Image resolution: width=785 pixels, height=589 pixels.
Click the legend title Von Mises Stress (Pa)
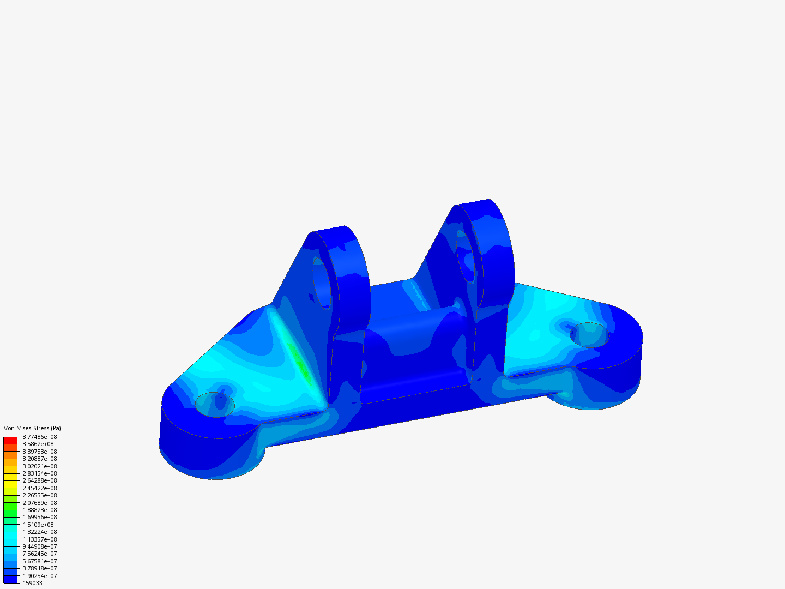pyautogui.click(x=32, y=428)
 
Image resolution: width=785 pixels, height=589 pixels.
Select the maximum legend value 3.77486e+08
pyautogui.click(x=39, y=437)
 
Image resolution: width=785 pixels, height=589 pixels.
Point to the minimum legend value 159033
pyautogui.click(x=32, y=583)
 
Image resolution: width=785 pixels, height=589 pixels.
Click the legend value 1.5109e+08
pyautogui.click(x=38, y=525)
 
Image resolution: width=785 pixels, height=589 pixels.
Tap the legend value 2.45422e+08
pyautogui.click(x=39, y=488)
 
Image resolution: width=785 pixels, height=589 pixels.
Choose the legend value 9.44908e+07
pyautogui.click(x=39, y=546)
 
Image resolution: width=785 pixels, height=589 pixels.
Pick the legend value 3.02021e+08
pyautogui.click(x=39, y=466)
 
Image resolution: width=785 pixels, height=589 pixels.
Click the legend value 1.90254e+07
pyautogui.click(x=39, y=576)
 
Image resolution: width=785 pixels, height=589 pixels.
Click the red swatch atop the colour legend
pyautogui.click(x=10, y=440)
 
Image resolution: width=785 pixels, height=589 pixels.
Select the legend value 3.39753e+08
pyautogui.click(x=39, y=452)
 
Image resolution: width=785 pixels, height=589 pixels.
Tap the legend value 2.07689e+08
pyautogui.click(x=39, y=503)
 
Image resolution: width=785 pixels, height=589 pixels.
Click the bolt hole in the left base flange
pyautogui.click(x=215, y=404)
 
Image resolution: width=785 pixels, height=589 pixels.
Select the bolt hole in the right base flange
pyautogui.click(x=589, y=335)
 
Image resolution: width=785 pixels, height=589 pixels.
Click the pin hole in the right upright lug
pyautogui.click(x=466, y=256)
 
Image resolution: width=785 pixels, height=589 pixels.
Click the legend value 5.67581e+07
pyautogui.click(x=39, y=561)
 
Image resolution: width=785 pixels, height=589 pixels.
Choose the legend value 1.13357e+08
pyautogui.click(x=39, y=539)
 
